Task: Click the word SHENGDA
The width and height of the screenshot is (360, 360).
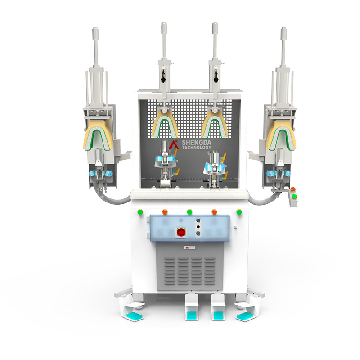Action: point(197,142)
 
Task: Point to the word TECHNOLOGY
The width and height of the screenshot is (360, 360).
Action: point(197,148)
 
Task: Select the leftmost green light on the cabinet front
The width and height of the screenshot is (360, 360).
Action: point(140,211)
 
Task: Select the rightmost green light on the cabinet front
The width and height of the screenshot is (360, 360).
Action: point(238,211)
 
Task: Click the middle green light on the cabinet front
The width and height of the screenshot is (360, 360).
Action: point(189,211)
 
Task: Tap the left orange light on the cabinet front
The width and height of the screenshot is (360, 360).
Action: point(165,211)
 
